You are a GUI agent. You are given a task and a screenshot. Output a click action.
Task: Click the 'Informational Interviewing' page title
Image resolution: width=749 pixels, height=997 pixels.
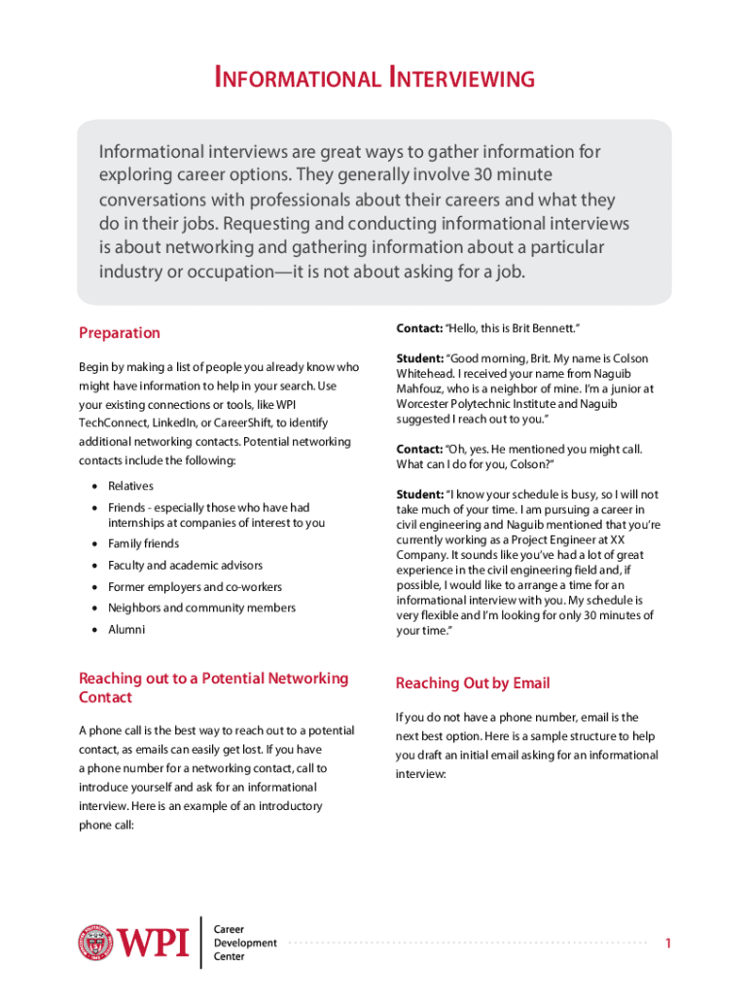[x=374, y=78]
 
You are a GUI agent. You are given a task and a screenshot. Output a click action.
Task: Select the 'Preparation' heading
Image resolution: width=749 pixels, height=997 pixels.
[x=119, y=333]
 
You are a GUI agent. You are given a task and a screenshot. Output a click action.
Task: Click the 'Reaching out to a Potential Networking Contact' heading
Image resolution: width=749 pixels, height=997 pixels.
[x=213, y=687]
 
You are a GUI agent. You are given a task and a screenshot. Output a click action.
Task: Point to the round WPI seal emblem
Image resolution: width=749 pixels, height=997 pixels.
[x=95, y=942]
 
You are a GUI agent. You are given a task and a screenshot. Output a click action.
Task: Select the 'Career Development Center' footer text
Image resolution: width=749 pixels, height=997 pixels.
[x=244, y=942]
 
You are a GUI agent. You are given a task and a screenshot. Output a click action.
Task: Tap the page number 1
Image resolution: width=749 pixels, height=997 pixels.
[x=668, y=943]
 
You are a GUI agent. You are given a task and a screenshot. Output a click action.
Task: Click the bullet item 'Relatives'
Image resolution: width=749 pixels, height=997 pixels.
[x=130, y=486]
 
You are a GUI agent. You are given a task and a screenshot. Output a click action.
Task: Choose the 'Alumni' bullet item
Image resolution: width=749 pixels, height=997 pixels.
[x=126, y=629]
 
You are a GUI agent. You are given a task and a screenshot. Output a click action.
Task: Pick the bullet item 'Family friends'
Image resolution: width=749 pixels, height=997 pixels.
[x=143, y=543]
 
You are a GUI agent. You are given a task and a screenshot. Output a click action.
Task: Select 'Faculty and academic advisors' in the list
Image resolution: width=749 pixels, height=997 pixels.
[x=185, y=565]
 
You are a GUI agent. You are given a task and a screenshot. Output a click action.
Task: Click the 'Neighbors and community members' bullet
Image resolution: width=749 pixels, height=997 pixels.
[x=201, y=608]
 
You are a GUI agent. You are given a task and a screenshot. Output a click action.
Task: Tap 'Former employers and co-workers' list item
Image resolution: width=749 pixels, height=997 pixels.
[x=195, y=587]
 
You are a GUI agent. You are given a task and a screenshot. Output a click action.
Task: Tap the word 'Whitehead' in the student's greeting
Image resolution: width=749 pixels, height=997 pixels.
[x=424, y=374]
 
